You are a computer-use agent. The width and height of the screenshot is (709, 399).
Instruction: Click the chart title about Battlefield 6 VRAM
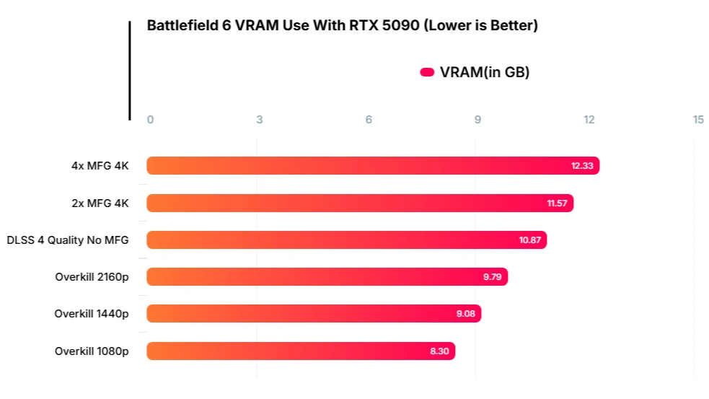click(x=342, y=26)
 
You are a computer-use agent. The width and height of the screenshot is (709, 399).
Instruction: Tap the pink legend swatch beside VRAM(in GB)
click(x=427, y=72)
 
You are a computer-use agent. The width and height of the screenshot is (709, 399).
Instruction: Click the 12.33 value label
click(x=582, y=166)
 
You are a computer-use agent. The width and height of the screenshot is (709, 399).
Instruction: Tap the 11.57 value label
click(x=557, y=203)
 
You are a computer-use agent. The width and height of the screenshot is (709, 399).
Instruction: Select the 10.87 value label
click(x=530, y=240)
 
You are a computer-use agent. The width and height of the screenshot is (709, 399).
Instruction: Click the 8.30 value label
click(x=439, y=351)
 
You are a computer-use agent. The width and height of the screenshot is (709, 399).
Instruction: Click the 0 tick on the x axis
click(x=150, y=120)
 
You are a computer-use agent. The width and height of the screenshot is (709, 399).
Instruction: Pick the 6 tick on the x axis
click(x=369, y=120)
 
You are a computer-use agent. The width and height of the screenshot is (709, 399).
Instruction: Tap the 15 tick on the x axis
click(x=698, y=120)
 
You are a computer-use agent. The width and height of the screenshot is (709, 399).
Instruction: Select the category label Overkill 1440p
click(x=92, y=314)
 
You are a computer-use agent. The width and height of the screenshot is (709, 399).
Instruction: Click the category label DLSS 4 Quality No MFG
click(x=68, y=240)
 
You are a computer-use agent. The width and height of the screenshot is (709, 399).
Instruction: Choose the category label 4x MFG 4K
click(x=100, y=166)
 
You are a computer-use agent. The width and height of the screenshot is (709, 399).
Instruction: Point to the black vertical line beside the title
click(x=130, y=71)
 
